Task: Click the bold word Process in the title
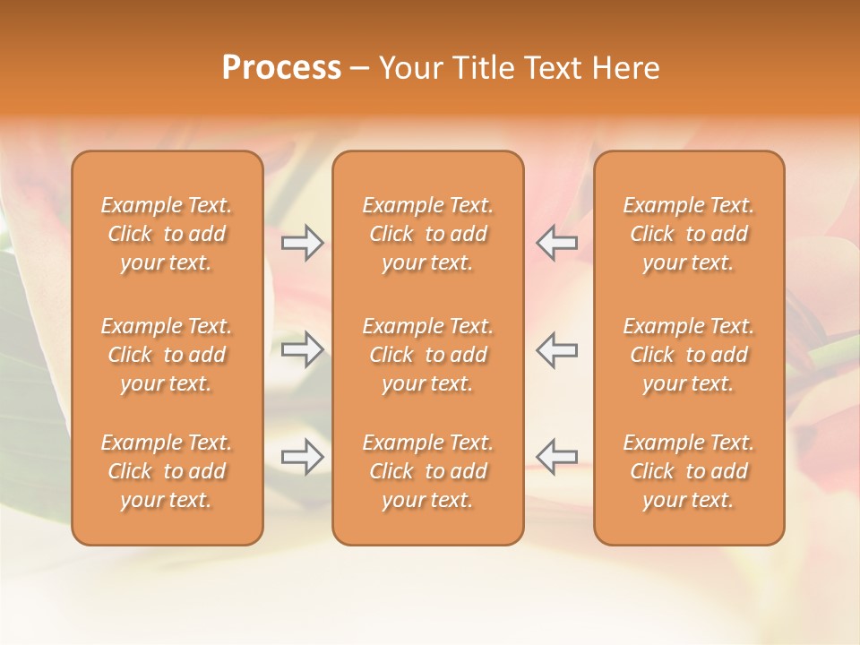point(281,68)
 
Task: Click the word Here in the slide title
point(625,68)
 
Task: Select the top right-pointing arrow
point(302,243)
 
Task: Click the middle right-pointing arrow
point(302,349)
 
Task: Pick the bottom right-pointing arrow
point(302,457)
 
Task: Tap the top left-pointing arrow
point(557,243)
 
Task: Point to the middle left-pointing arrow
point(557,349)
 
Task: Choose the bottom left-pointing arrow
point(557,457)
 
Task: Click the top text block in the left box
point(167,234)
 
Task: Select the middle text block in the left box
point(167,355)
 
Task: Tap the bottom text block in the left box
point(167,471)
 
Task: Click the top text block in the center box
point(428,234)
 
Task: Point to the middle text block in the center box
point(428,355)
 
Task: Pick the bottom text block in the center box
point(428,471)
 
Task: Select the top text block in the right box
point(689,234)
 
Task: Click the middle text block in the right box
point(689,355)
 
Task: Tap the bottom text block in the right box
point(689,471)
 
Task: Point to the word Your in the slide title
point(409,68)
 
